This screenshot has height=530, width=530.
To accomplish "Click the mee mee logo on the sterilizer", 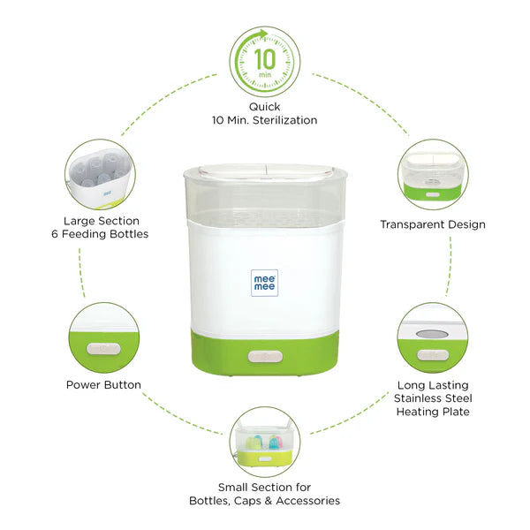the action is [264, 283].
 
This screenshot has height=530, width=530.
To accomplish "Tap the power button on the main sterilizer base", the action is [265, 357].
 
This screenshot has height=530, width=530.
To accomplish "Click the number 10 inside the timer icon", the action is [265, 59].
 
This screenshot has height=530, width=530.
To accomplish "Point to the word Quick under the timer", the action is [264, 107].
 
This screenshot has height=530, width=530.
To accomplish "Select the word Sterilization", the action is [285, 120].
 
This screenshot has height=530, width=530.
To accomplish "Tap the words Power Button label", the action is [103, 384].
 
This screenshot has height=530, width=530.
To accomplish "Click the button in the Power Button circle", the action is [103, 349].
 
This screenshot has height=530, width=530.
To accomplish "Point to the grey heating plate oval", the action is [432, 334].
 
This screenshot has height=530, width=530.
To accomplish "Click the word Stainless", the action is [420, 398].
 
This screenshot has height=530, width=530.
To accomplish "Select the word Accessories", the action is [308, 501].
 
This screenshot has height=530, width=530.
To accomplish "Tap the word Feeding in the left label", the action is [80, 234].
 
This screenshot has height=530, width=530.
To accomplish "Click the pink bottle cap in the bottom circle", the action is [278, 441].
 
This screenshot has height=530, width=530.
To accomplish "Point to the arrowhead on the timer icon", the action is [263, 34].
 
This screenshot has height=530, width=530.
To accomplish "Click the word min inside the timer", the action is [265, 74].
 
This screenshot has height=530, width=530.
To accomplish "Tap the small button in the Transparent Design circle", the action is [432, 194].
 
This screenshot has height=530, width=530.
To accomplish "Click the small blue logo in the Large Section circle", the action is [108, 194].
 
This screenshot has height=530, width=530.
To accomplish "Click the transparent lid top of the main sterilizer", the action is [266, 170].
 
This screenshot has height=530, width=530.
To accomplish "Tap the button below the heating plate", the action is [433, 355].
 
